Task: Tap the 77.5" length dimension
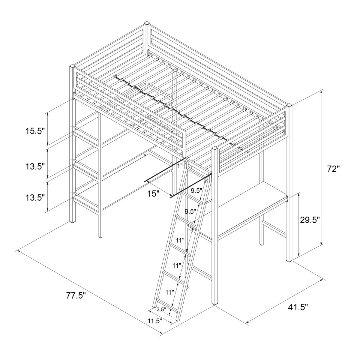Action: [x=76, y=295]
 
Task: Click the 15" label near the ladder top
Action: [x=153, y=194]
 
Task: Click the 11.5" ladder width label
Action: [x=154, y=321]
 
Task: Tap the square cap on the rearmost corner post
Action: [x=147, y=23]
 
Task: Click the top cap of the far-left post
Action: [x=72, y=66]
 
